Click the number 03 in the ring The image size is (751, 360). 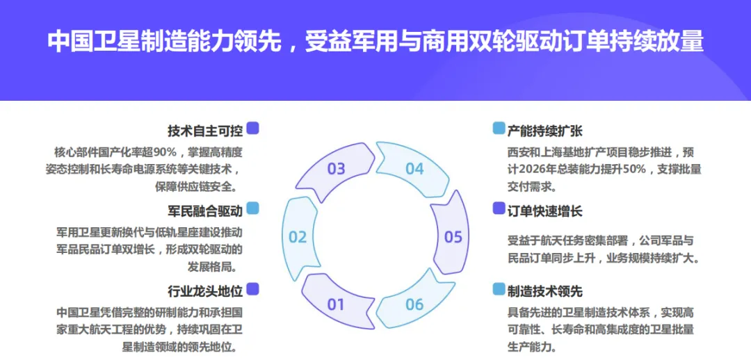point(336,168)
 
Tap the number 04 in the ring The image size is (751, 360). point(414,168)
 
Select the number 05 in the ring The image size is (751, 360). point(453,237)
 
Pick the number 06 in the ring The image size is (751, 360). point(414,304)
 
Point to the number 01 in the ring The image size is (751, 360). point(336,304)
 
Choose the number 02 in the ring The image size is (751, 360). point(298,237)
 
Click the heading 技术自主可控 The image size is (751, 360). point(204,130)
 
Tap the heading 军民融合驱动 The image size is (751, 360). point(204,210)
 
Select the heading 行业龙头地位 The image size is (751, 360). point(204,290)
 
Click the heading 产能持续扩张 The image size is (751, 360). point(545,130)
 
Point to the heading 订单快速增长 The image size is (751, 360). point(545,210)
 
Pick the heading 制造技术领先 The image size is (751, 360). point(545,291)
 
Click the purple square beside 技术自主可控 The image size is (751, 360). point(253,129)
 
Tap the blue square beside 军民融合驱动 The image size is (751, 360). point(253,208)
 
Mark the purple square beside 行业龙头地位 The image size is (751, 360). point(253,288)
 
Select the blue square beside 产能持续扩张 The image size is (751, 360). point(499,129)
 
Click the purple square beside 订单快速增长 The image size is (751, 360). point(499,208)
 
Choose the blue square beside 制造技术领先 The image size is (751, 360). point(499,289)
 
